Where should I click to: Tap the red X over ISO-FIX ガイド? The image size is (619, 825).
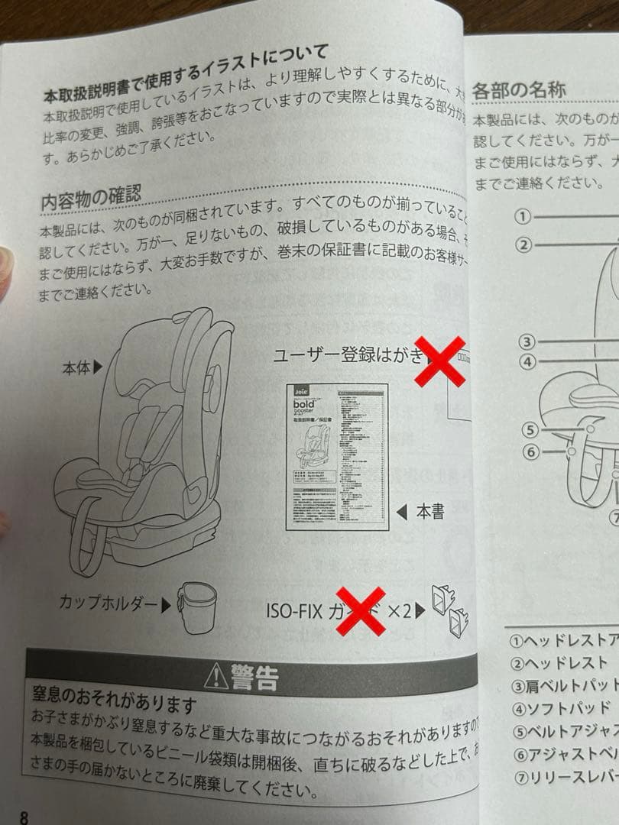360,610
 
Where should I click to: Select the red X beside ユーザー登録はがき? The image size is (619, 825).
439,361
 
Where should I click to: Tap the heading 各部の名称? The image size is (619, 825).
520,89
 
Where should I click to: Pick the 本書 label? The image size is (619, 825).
429,512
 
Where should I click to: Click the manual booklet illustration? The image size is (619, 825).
336,456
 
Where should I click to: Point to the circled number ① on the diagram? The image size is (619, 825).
523,216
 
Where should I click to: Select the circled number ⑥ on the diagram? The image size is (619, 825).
531,451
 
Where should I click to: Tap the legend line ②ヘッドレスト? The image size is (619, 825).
561,663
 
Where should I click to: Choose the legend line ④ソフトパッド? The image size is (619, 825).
562,707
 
